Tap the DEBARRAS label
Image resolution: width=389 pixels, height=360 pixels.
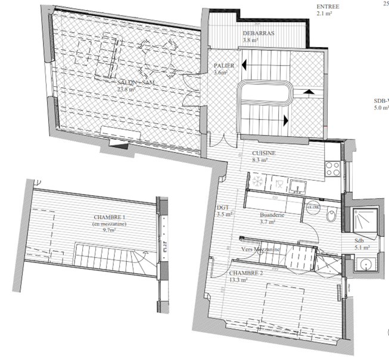pos(259,34)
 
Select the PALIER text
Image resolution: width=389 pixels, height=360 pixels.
pos(224,65)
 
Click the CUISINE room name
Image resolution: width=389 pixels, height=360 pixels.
pos(255,153)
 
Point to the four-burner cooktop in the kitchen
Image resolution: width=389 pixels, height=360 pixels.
pos(334,169)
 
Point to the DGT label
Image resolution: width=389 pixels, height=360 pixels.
pos(223,207)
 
